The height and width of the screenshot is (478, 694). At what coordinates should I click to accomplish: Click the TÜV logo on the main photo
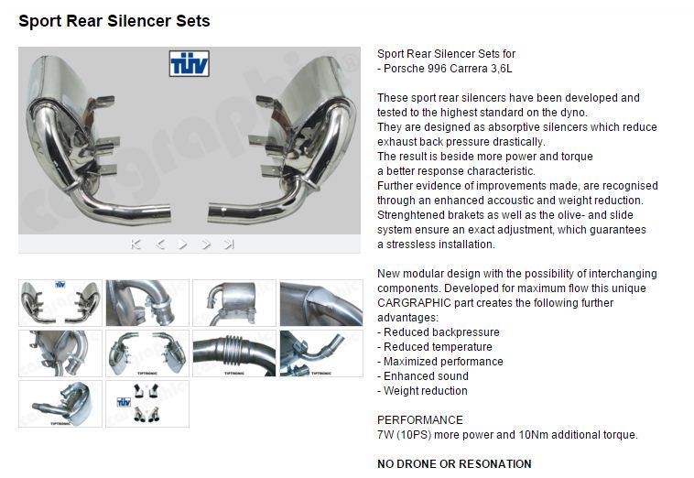[189, 63]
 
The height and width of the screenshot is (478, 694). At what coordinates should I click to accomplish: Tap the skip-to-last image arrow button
[229, 244]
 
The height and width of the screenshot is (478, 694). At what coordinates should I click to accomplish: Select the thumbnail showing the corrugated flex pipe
[234, 353]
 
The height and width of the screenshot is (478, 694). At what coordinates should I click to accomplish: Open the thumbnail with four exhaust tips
[147, 404]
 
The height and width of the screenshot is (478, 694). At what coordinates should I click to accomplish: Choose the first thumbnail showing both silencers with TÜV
[60, 303]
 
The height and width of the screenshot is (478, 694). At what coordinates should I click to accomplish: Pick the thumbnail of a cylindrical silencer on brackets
[234, 303]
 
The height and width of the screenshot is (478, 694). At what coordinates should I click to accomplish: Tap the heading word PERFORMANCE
[420, 420]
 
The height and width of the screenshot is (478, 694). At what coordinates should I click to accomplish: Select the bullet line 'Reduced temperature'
[435, 347]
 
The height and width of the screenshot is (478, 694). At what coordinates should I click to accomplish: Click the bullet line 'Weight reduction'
[422, 391]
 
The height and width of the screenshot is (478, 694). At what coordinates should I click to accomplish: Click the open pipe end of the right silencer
[211, 212]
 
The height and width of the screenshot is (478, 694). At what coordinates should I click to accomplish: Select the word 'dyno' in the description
[576, 113]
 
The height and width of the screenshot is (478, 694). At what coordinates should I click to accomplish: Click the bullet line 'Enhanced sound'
[423, 376]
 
